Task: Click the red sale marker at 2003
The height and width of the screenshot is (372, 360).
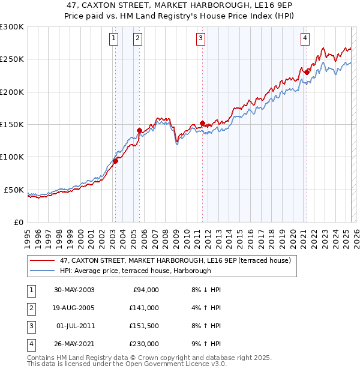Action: tap(116, 160)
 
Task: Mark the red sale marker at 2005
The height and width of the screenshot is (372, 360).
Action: tap(139, 130)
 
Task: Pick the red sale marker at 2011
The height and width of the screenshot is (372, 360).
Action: tap(202, 123)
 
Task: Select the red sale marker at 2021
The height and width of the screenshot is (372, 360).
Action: tap(307, 72)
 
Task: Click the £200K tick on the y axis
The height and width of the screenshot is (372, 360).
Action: tap(12, 92)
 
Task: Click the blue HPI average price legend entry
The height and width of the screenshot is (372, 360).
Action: tap(135, 271)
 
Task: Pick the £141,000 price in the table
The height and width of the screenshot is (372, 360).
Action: tap(144, 308)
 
